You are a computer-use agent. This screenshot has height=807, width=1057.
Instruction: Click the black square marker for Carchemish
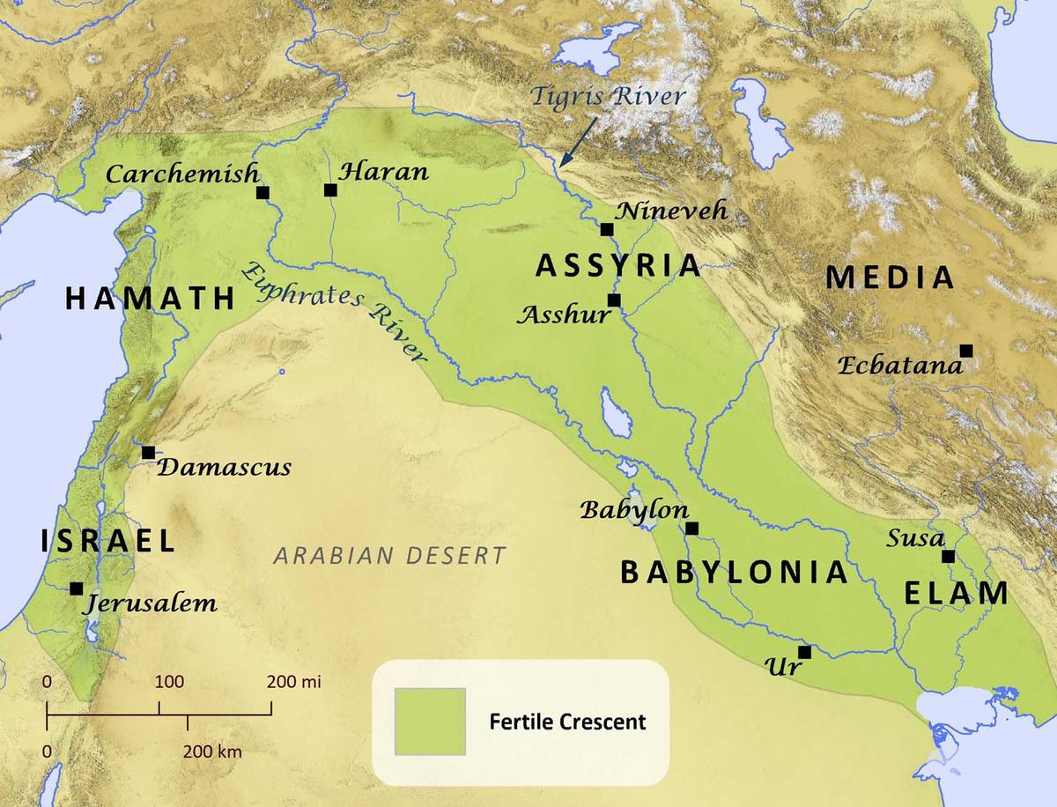[262, 192]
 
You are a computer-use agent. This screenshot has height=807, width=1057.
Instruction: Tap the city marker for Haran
[330, 189]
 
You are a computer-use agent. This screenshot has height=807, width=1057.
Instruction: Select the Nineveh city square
[607, 229]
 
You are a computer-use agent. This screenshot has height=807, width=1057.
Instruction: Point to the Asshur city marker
[614, 300]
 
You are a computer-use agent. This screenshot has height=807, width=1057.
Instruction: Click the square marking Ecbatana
[966, 350]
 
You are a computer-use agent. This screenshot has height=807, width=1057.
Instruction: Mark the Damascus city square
[148, 452]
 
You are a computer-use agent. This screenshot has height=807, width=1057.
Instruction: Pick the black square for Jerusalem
[77, 588]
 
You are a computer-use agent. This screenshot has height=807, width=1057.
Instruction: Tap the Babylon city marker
[691, 528]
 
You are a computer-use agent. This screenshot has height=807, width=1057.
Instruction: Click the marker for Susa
[948, 556]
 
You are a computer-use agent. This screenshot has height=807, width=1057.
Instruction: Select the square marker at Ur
[804, 652]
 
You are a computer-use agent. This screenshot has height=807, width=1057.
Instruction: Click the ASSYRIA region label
[618, 264]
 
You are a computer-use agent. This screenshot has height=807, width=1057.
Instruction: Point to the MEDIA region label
[891, 278]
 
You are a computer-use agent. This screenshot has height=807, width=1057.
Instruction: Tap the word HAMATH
[150, 300]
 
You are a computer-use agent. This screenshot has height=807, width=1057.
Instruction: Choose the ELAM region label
[957, 593]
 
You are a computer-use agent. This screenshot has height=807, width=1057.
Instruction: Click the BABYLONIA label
[734, 573]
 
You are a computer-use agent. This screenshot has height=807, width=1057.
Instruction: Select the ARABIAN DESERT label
[389, 555]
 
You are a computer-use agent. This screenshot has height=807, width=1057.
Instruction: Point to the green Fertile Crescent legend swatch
[430, 722]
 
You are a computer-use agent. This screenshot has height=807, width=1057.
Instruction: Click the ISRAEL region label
[107, 541]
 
